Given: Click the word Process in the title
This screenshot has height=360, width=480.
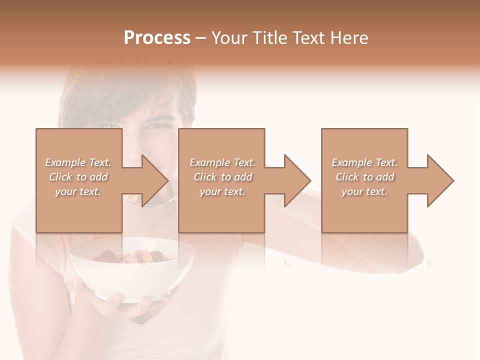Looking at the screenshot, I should click(157, 38).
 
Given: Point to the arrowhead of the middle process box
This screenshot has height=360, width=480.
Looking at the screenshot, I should click(296, 180).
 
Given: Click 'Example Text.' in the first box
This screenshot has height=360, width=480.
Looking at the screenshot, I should click(78, 162).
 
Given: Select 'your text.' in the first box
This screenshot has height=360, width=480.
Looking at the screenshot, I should click(78, 191).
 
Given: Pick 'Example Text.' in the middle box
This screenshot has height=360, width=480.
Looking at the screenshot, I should click(222, 162).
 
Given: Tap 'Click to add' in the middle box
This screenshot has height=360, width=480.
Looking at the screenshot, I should click(222, 177).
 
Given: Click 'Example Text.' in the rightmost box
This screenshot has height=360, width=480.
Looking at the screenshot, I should click(364, 162).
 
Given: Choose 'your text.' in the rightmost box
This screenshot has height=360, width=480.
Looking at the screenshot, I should click(364, 191).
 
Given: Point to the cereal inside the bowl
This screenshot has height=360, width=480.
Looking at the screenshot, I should click(132, 256).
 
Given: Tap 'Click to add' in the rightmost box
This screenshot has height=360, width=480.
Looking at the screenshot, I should click(364, 177).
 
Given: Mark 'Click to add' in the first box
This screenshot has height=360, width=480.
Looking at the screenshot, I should click(78, 177).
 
